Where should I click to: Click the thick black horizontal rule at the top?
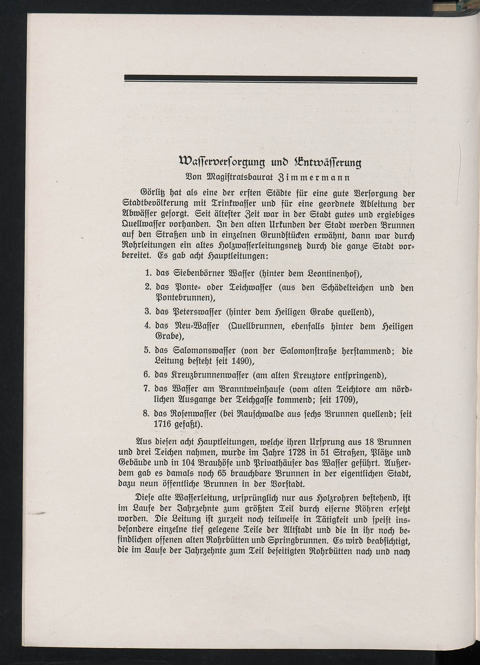tap(270, 80)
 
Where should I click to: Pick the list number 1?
tap(148, 272)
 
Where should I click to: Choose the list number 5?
tap(148, 350)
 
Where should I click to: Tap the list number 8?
tap(148, 414)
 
